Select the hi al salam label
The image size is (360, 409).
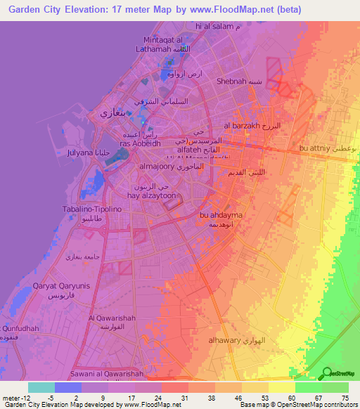pyautogui.click(x=214, y=26)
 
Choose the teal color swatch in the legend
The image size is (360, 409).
pyautogui.click(x=41, y=387)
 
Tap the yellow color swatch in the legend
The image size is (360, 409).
pyautogui.click(x=281, y=387)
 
